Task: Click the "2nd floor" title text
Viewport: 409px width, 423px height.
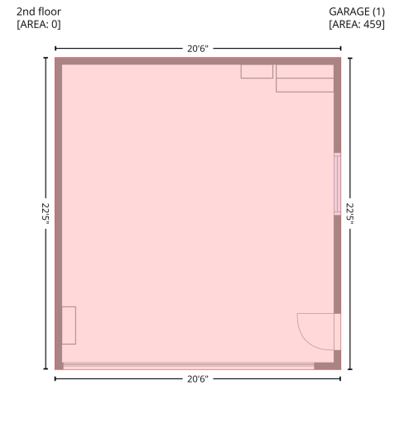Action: [39, 12]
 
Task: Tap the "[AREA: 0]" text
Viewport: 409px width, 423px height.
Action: [39, 24]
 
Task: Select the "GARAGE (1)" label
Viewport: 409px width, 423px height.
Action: [357, 12]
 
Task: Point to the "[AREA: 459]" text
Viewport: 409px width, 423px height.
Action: [357, 24]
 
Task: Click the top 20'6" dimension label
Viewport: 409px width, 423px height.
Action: [198, 49]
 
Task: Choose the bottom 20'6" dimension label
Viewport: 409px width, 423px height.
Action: [198, 379]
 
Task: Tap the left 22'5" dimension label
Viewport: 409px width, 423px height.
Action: [46, 213]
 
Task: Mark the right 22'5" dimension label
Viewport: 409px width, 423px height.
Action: [350, 213]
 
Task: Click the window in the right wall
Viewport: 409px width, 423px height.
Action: [337, 184]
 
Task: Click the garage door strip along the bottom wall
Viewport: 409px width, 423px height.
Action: [189, 366]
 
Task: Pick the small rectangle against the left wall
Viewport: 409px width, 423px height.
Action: [69, 326]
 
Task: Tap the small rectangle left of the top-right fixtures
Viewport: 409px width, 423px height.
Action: [257, 71]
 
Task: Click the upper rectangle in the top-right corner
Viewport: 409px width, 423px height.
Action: [305, 71]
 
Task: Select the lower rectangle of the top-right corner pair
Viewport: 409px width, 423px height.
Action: [305, 85]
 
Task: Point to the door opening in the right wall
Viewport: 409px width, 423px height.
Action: [337, 332]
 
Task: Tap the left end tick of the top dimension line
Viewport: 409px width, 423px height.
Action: [55, 49]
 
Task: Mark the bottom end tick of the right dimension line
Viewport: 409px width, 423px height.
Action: [350, 369]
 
